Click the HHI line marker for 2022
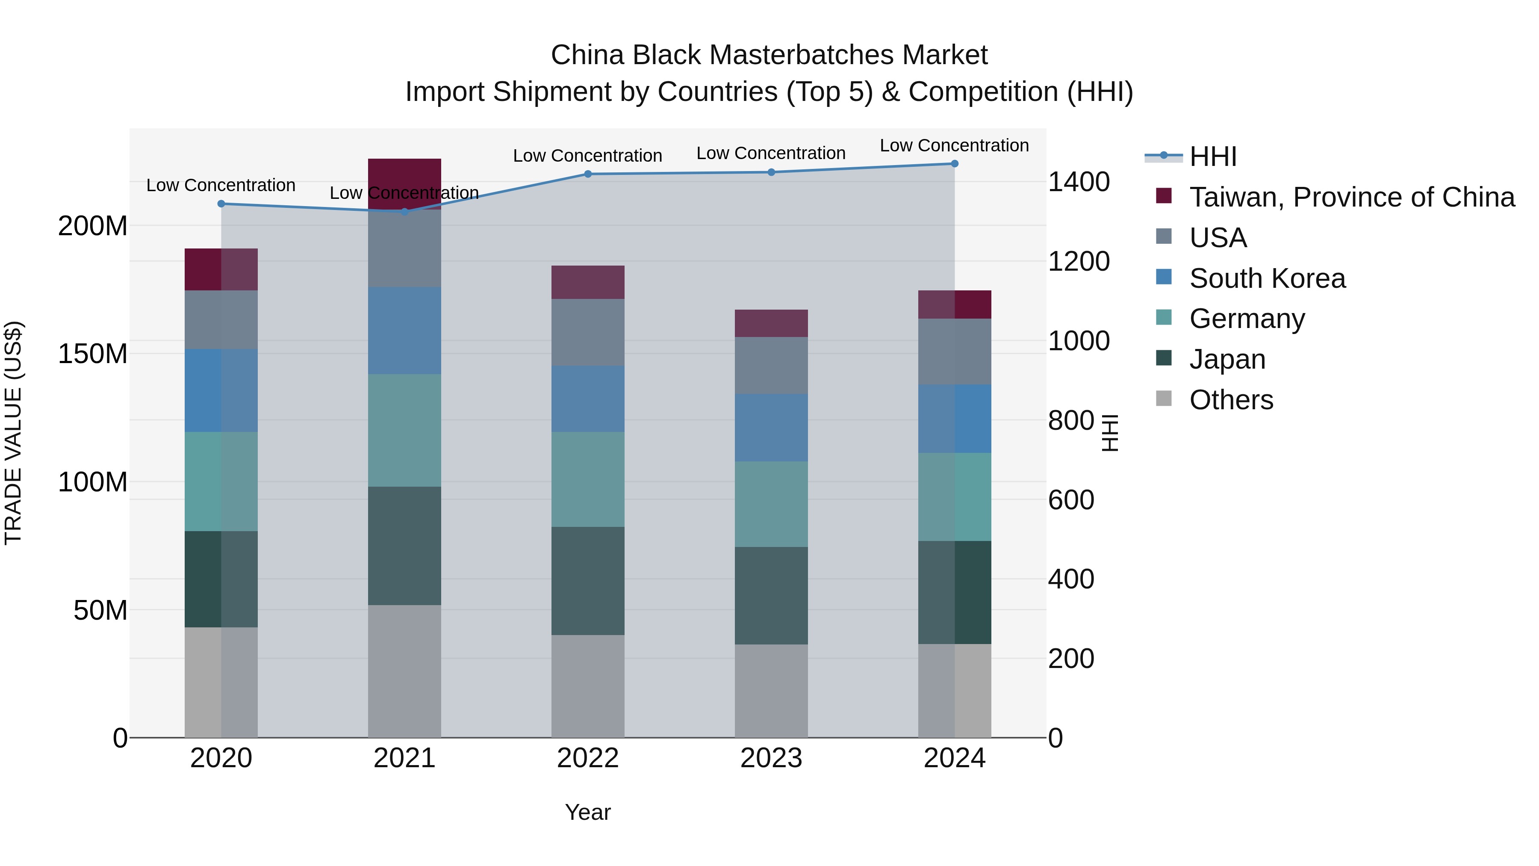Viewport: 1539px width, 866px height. coord(588,174)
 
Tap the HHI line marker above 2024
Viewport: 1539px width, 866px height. coord(954,164)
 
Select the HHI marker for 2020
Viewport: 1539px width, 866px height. coord(221,204)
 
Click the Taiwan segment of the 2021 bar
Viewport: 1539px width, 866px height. coord(404,179)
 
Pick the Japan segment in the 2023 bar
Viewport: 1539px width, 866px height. coord(771,595)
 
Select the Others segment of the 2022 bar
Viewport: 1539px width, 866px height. coord(588,686)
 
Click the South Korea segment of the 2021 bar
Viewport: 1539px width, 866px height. coord(404,331)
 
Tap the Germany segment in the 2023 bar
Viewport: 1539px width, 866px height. coord(771,504)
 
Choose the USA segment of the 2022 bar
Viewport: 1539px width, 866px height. coord(588,332)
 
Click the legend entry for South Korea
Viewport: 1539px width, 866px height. coord(1267,278)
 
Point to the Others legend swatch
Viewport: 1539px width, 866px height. coord(1164,399)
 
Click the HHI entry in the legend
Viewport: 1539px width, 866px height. coord(1212,157)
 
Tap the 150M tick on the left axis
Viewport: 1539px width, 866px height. coord(93,354)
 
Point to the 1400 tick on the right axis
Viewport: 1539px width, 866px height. coord(1079,182)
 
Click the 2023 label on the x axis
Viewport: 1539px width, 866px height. coord(771,758)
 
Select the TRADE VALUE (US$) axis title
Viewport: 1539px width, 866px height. coord(13,433)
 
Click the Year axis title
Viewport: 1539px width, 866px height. coord(588,812)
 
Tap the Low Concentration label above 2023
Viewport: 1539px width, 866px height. coord(771,153)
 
